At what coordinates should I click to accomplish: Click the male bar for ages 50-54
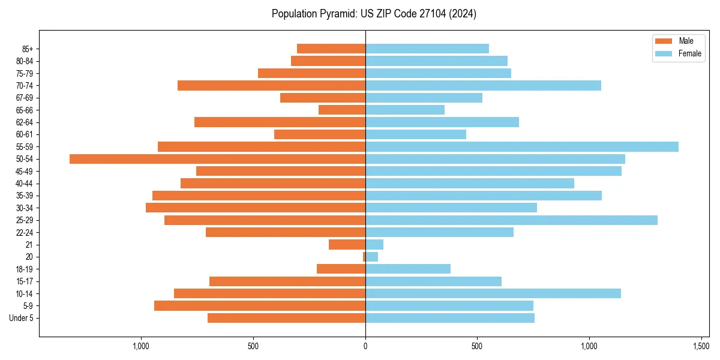click(x=217, y=159)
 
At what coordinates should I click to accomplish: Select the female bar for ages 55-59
click(x=522, y=146)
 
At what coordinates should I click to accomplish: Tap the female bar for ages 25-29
click(x=511, y=220)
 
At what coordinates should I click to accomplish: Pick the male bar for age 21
click(x=347, y=245)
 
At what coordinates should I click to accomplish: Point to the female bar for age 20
click(x=371, y=257)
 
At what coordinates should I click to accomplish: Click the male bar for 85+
click(x=331, y=49)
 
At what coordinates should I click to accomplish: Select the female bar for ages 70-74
click(x=483, y=85)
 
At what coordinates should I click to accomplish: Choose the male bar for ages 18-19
click(x=341, y=269)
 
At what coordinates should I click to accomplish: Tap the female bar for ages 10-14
click(x=493, y=293)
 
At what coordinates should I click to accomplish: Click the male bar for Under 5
click(x=287, y=318)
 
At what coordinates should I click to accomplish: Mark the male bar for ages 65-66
click(x=342, y=110)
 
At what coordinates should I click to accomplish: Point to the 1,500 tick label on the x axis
click(x=701, y=347)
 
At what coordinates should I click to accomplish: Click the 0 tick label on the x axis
click(x=365, y=347)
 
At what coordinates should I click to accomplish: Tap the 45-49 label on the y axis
click(x=25, y=172)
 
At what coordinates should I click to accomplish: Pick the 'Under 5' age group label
click(x=22, y=318)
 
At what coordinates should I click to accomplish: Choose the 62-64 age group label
click(x=25, y=122)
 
